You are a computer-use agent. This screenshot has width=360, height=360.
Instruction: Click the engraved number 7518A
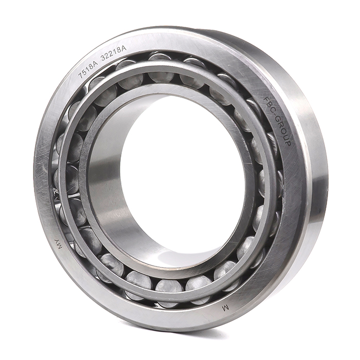click(88, 68)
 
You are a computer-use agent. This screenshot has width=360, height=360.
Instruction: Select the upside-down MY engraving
click(58, 244)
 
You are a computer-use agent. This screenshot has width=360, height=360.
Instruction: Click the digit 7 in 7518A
click(81, 76)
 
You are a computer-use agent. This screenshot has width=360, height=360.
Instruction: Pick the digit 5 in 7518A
click(84, 71)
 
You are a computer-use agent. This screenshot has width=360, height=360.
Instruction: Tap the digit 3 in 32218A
click(103, 58)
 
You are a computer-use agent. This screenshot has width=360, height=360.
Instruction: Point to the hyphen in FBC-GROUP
click(275, 115)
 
